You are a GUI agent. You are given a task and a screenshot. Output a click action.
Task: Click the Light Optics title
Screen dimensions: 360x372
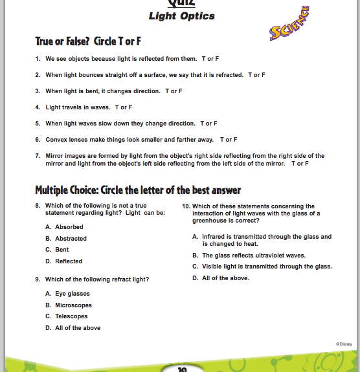182,16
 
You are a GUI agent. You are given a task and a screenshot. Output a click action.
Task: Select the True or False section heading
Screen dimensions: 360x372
88,41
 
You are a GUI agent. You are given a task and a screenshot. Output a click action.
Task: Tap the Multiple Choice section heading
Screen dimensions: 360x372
138,190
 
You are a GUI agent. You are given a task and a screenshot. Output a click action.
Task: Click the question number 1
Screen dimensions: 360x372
38,59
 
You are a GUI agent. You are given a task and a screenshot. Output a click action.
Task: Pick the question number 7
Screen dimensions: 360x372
38,156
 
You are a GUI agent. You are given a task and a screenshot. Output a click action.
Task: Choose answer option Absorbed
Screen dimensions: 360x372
69,227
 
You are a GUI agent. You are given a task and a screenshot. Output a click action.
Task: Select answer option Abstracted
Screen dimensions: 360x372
71,239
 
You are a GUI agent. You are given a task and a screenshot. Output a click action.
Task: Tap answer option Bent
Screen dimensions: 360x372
62,250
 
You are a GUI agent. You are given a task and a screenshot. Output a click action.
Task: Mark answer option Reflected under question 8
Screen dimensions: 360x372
69,261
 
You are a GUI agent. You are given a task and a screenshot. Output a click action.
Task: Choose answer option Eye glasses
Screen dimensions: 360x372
73,294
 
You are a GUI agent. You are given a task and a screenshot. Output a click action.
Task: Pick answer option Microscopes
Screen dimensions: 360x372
73,305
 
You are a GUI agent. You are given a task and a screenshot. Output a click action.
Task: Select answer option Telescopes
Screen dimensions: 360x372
71,316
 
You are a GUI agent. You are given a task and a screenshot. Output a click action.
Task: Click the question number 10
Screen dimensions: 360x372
186,206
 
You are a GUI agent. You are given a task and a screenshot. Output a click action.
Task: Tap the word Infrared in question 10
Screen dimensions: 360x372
214,237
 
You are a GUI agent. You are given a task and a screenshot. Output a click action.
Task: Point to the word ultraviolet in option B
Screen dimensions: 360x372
270,256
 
